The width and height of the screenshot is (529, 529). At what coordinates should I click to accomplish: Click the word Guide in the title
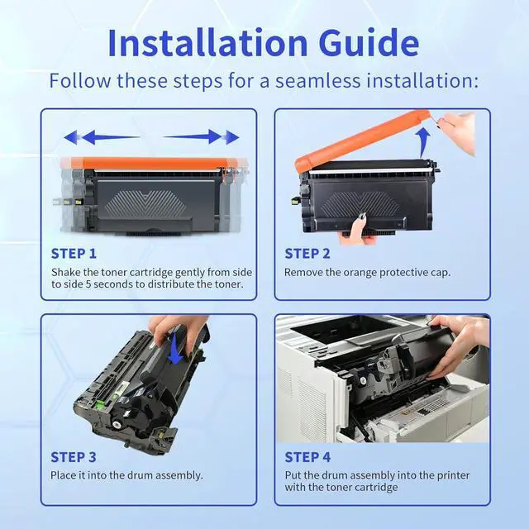[x=369, y=43]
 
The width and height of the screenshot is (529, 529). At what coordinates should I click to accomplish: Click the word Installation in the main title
[x=207, y=43]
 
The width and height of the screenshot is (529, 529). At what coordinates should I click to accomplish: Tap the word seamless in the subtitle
[x=317, y=81]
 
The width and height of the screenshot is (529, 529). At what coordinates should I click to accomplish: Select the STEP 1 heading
[x=74, y=254]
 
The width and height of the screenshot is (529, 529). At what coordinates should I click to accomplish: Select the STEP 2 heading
[x=307, y=254]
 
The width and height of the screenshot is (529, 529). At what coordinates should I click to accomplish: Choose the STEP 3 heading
[x=74, y=457]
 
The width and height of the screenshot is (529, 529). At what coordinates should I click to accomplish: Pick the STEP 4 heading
[x=307, y=457]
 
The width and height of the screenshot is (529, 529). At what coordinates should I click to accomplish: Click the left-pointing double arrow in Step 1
[x=101, y=137]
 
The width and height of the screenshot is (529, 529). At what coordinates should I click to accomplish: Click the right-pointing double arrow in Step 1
[x=201, y=137]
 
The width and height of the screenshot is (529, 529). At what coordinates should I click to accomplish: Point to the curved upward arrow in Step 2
[x=422, y=143]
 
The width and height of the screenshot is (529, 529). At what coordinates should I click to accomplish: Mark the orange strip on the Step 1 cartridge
[x=155, y=163]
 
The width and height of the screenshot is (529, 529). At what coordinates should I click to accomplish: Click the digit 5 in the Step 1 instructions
[x=88, y=284]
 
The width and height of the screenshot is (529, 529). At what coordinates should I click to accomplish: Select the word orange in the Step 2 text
[x=360, y=273]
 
